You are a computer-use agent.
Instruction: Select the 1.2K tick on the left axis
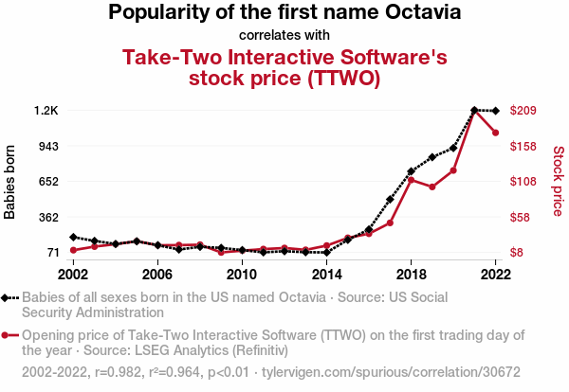click(x=46, y=111)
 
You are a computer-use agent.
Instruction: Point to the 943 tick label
click(x=47, y=146)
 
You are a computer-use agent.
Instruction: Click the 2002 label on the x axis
click(x=73, y=274)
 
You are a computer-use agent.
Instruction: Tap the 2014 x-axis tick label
click(x=326, y=274)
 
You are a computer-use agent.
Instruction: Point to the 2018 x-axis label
click(x=411, y=274)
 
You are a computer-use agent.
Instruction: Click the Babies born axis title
click(x=10, y=182)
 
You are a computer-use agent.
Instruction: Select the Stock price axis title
click(x=558, y=181)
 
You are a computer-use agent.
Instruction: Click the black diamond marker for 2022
click(x=495, y=112)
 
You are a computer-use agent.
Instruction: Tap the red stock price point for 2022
click(x=495, y=133)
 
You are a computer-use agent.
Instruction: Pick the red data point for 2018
click(x=411, y=179)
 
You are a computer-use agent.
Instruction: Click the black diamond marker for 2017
click(x=390, y=200)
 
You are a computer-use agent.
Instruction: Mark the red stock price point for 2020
click(x=453, y=170)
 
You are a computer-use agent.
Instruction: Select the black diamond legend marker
click(x=8, y=297)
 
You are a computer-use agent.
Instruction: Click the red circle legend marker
click(x=8, y=335)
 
